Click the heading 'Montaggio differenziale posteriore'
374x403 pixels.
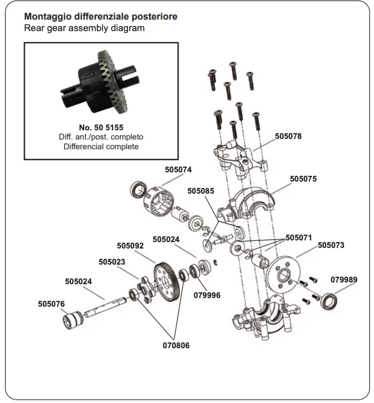click(100, 17)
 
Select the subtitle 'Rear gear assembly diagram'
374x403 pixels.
click(84, 28)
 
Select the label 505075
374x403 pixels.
click(303, 179)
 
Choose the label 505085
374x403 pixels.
click(201, 191)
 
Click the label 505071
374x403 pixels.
click(299, 237)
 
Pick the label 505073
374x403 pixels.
click(331, 245)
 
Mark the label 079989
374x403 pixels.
click(344, 280)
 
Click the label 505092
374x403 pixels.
click(130, 245)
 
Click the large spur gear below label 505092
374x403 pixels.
click(168, 279)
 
